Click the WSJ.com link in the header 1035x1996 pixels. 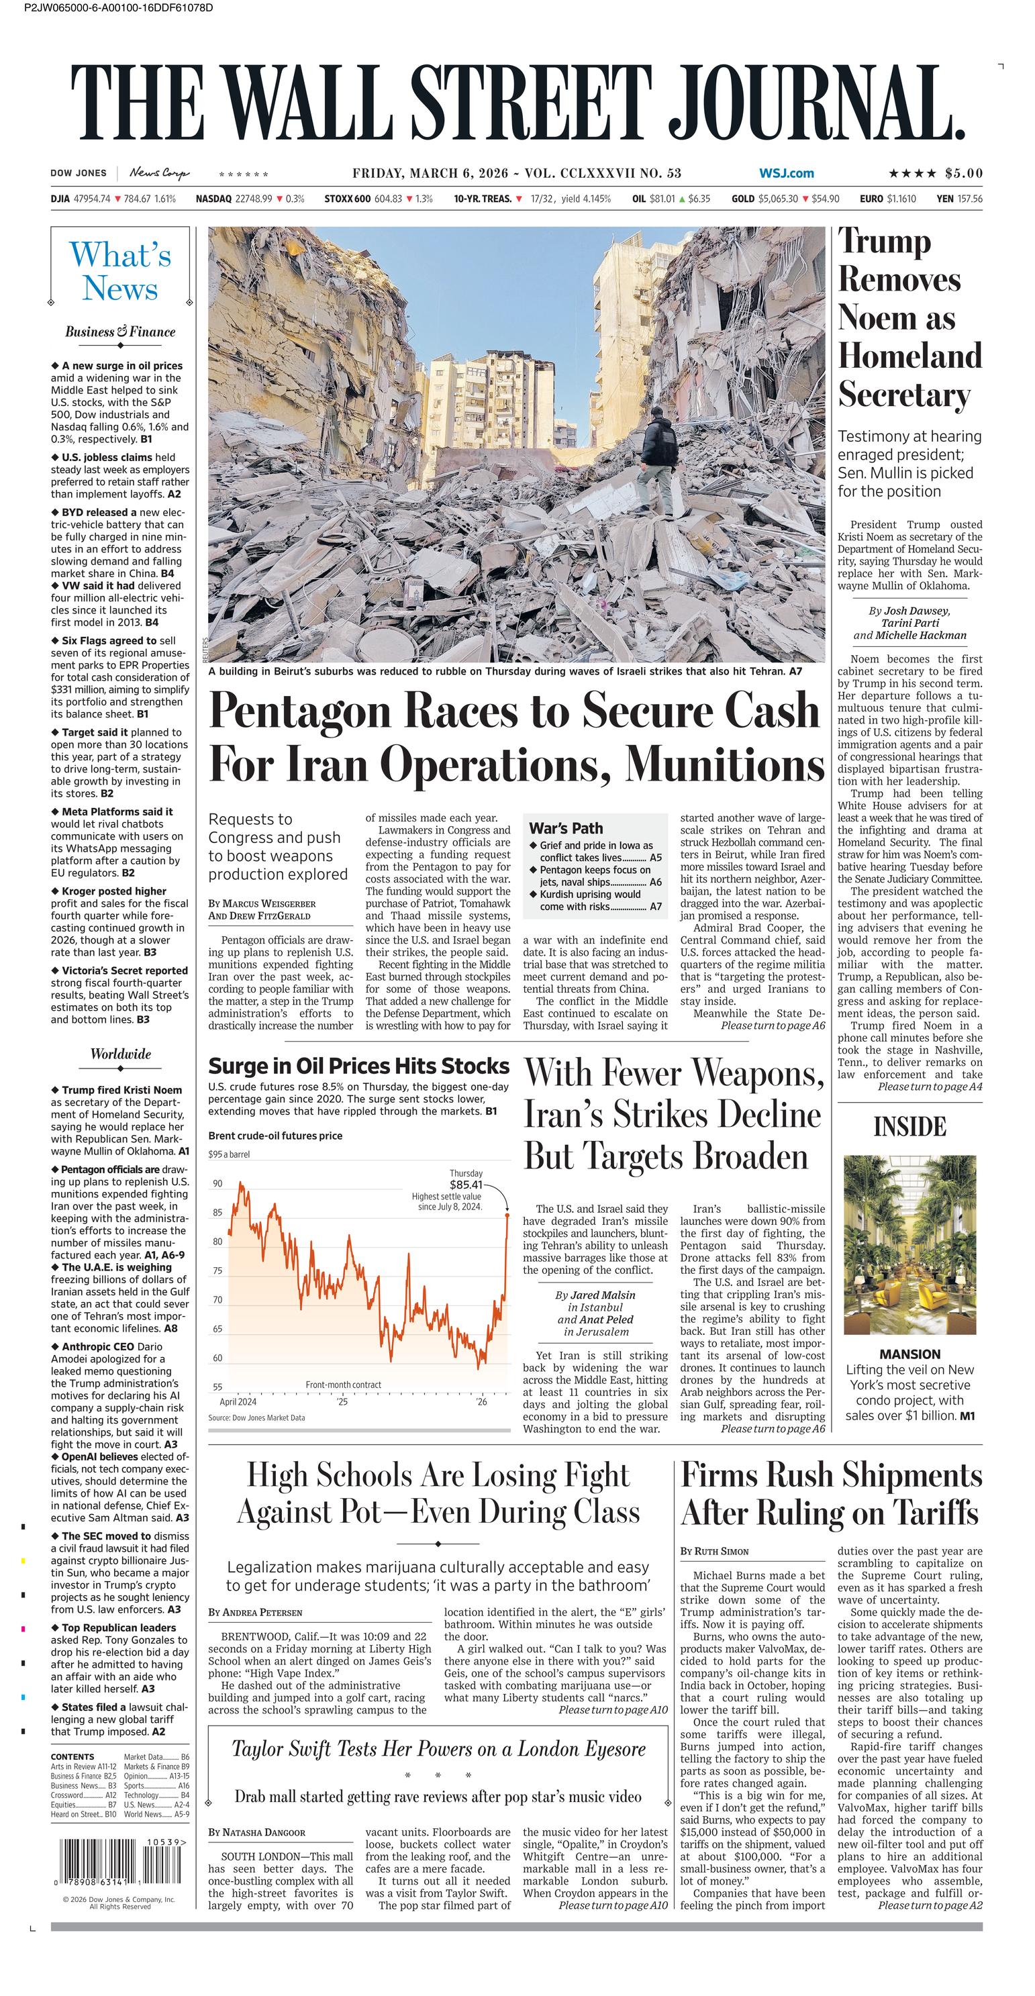click(x=787, y=174)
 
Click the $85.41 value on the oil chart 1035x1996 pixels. click(x=466, y=1185)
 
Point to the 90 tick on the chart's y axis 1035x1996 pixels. click(x=217, y=1183)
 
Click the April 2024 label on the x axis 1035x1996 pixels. click(x=238, y=1401)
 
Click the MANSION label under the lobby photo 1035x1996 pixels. click(x=909, y=1354)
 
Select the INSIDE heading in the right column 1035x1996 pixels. click(x=909, y=1127)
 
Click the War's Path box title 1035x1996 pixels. click(x=566, y=828)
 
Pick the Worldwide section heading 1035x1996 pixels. click(x=120, y=1054)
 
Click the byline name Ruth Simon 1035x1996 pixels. click(x=722, y=1551)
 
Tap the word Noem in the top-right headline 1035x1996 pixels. click(x=896, y=317)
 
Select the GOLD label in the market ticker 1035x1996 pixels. click(x=742, y=199)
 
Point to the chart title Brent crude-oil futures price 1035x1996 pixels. click(x=275, y=1136)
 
